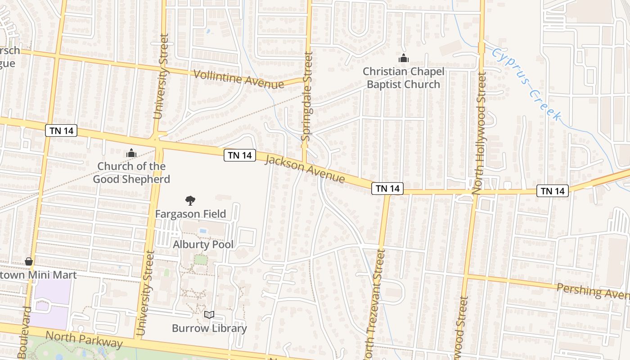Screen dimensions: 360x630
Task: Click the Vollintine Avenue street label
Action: tap(238, 79)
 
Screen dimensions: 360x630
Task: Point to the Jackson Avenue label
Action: tap(305, 169)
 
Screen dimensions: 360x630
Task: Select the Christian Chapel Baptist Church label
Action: tap(404, 78)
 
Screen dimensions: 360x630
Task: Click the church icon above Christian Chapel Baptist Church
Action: tap(403, 58)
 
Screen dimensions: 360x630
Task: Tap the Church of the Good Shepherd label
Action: tap(131, 173)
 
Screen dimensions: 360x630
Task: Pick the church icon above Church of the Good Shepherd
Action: tap(131, 153)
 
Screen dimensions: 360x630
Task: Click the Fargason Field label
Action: tap(190, 214)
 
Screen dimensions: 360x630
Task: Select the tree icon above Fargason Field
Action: tap(190, 200)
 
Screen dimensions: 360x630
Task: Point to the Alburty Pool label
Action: tap(203, 245)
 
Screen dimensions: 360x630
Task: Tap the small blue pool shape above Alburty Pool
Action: tap(202, 231)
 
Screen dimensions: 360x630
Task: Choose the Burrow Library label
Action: tap(209, 328)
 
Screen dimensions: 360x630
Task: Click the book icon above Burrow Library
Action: tap(209, 315)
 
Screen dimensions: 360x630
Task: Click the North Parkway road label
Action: tap(84, 339)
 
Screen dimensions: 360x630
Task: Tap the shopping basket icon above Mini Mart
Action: tap(29, 261)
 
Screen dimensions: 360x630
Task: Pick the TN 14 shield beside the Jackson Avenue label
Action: tap(240, 155)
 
